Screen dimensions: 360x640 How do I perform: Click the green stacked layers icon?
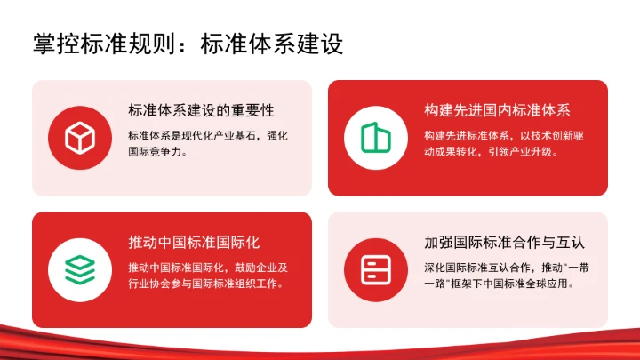(x=79, y=269)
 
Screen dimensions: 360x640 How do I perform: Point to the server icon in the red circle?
(x=375, y=269)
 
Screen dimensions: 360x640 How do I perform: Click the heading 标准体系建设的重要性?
(x=201, y=111)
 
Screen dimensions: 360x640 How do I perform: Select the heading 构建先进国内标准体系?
(x=497, y=111)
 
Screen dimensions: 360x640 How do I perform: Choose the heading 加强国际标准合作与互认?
(x=504, y=242)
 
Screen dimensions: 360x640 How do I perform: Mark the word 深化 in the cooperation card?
(x=434, y=268)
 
